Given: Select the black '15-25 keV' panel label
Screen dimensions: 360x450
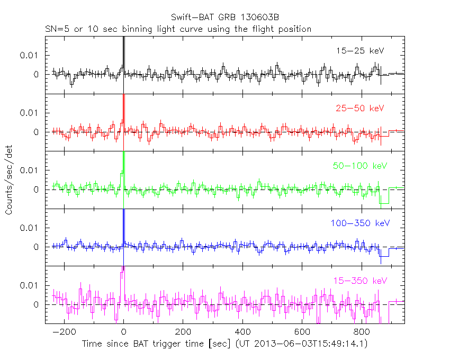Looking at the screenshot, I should [359, 51].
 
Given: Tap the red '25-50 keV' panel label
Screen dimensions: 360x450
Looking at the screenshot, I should [359, 108].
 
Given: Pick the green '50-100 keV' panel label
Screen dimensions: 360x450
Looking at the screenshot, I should [357, 166].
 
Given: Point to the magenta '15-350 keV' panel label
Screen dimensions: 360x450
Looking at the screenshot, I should [357, 280].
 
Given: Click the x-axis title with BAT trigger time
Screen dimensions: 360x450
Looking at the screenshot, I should [224, 344].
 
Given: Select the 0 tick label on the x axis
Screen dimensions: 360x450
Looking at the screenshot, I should [123, 332].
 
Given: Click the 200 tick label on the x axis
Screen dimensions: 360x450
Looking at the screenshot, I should [183, 332].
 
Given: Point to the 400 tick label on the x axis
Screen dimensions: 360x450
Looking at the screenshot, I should [242, 332].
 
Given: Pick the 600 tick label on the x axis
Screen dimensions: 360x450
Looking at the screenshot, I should [302, 332].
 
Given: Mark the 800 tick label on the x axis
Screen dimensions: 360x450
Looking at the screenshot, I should [362, 332].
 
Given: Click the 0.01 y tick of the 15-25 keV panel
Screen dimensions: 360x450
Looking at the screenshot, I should [30, 55].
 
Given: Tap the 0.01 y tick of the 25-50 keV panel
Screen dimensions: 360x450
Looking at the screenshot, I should [30, 113].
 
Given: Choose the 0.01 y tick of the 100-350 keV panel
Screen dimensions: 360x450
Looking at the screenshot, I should [30, 228].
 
